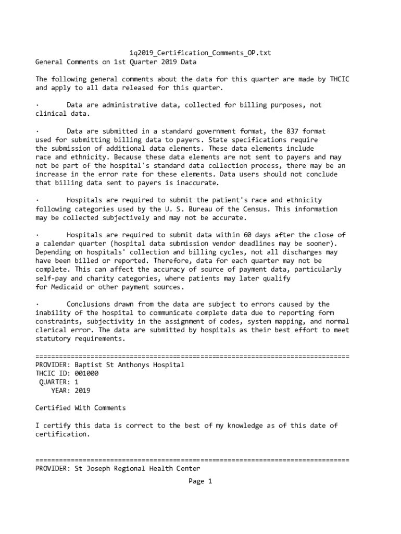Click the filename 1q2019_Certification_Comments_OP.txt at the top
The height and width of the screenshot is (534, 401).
click(200, 53)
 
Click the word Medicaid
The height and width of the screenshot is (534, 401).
click(67, 287)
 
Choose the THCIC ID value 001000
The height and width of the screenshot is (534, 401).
click(86, 373)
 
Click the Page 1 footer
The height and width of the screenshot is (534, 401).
click(200, 481)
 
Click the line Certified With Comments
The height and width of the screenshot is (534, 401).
click(80, 408)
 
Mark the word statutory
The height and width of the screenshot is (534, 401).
click(53, 339)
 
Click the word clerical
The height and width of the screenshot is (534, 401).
click(51, 330)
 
